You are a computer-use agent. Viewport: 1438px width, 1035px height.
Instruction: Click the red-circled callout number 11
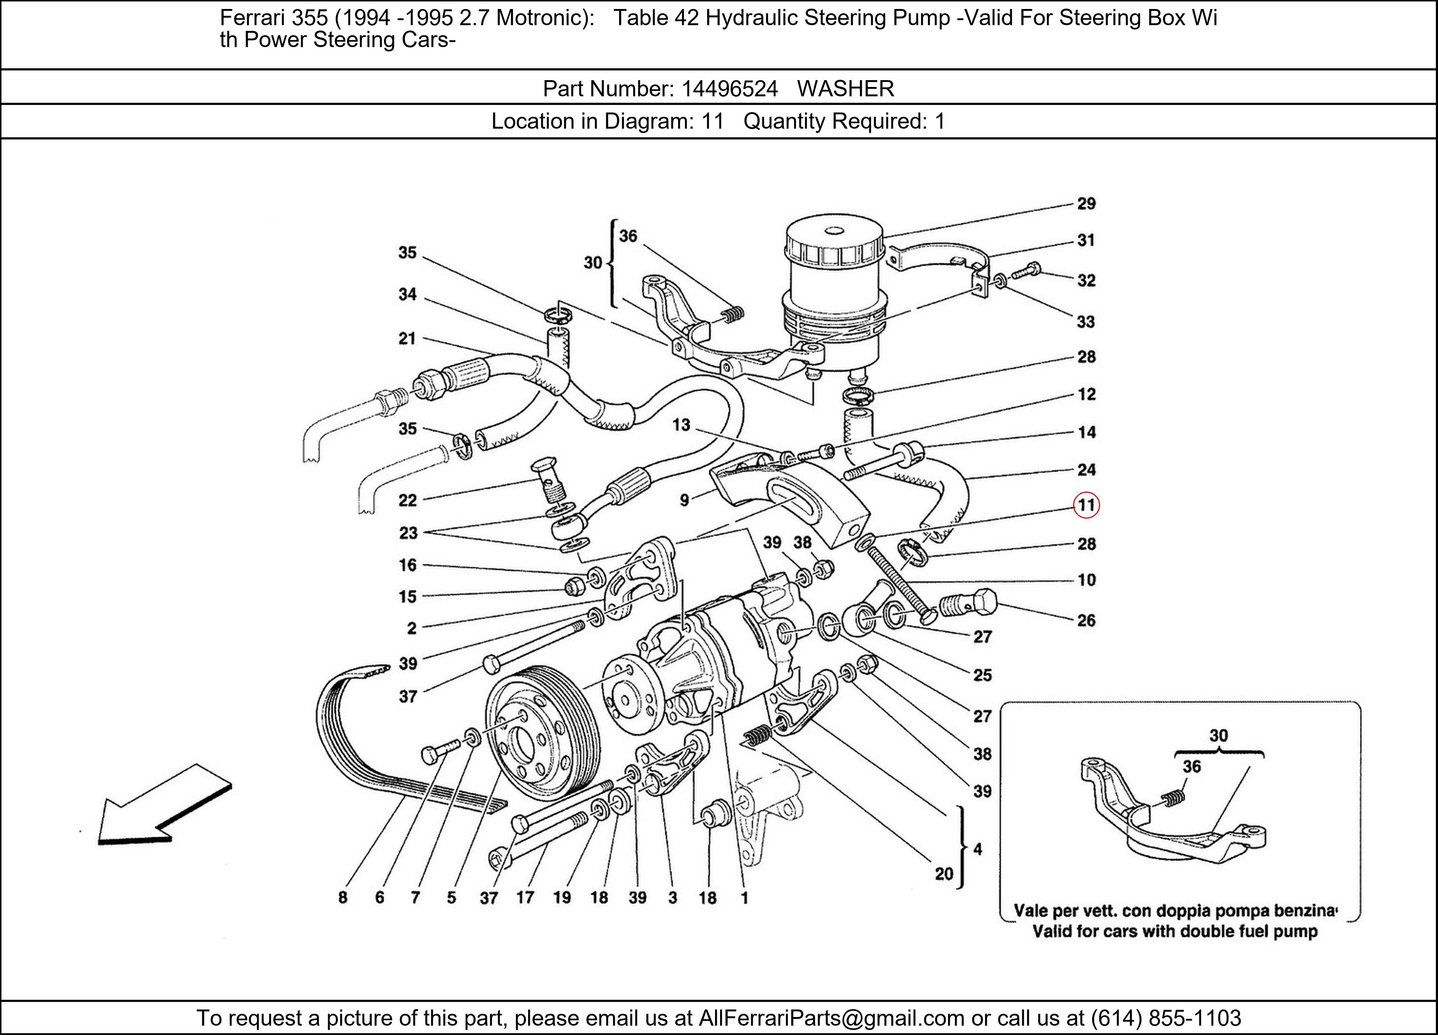point(1086,505)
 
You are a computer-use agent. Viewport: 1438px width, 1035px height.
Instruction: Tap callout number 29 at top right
point(1086,203)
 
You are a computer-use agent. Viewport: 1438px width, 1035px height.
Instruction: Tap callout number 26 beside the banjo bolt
point(1086,621)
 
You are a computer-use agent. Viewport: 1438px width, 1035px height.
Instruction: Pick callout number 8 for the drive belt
point(342,897)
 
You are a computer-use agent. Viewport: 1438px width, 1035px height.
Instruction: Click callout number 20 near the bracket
point(944,874)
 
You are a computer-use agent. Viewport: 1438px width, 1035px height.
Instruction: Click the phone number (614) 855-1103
point(1165,1018)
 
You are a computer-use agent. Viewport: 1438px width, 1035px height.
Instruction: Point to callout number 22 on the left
point(408,500)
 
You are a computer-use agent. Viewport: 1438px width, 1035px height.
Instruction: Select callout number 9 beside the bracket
point(684,500)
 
